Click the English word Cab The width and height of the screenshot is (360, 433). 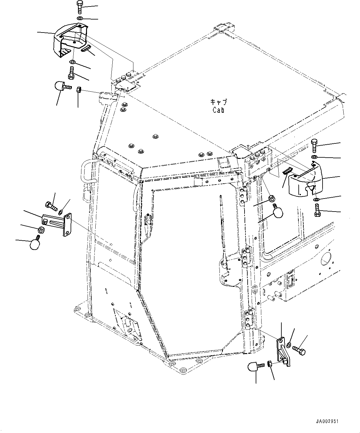point(219,110)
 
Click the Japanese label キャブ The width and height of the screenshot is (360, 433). point(219,102)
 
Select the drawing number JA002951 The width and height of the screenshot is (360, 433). point(327,422)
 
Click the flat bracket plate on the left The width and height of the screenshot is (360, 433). point(58,223)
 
